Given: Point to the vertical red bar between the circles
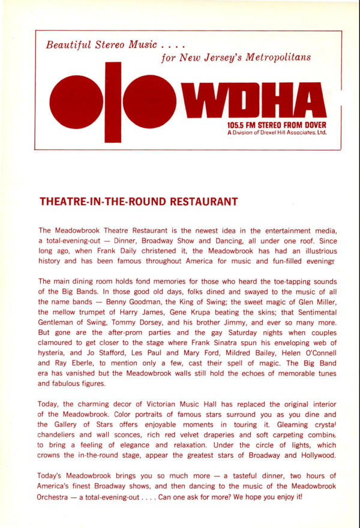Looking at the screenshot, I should [113, 102].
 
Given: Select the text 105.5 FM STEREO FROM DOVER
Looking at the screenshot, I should [277, 125].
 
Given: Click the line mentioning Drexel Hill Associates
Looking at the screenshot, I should [277, 133].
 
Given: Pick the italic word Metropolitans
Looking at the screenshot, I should [277, 58].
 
